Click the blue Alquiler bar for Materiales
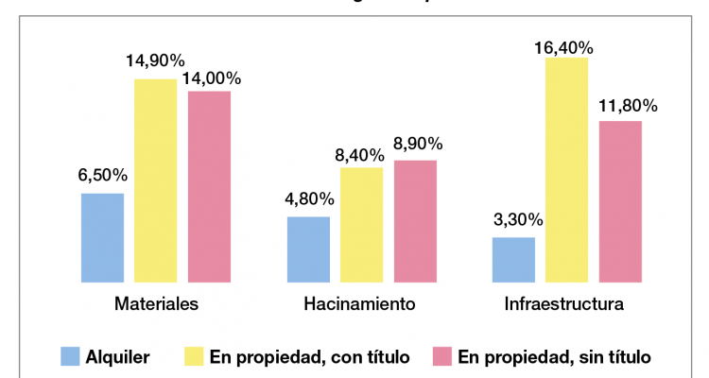102,237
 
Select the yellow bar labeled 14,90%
155,180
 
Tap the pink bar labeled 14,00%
209,186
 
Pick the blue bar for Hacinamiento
308,249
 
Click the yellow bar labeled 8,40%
361,225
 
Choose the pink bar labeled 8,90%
415,221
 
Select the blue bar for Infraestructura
513,260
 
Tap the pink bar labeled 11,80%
620,201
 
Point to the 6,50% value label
103,175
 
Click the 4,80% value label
308,198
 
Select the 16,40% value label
568,46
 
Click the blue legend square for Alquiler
70,356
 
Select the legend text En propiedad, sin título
554,356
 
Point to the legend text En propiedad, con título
309,356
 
